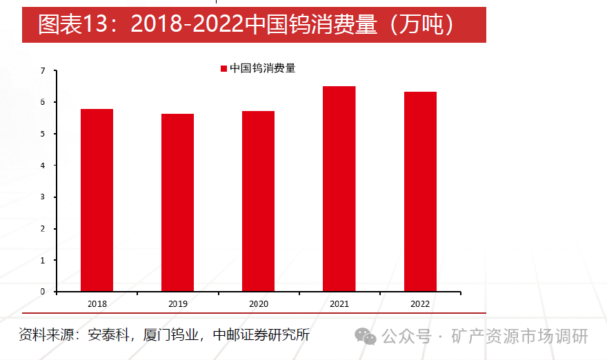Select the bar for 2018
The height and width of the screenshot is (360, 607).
[97, 200]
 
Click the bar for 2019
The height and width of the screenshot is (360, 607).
[177, 202]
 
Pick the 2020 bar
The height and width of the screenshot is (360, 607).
[258, 201]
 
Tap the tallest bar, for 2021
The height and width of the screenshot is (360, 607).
[339, 188]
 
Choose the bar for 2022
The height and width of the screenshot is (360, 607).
[420, 191]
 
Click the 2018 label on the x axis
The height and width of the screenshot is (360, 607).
[97, 303]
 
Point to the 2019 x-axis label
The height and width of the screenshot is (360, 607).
[177, 303]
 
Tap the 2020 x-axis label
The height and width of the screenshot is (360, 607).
[258, 303]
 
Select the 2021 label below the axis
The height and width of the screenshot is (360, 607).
[339, 303]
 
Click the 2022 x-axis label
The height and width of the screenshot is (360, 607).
[420, 303]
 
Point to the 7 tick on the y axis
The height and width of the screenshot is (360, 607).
[43, 71]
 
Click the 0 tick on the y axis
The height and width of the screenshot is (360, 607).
[43, 291]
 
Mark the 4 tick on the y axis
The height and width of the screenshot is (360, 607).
[43, 166]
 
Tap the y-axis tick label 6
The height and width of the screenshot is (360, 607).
[43, 102]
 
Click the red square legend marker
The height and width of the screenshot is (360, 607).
[223, 68]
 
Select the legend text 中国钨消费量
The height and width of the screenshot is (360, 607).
[263, 68]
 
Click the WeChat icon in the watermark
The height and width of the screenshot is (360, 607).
[366, 336]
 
